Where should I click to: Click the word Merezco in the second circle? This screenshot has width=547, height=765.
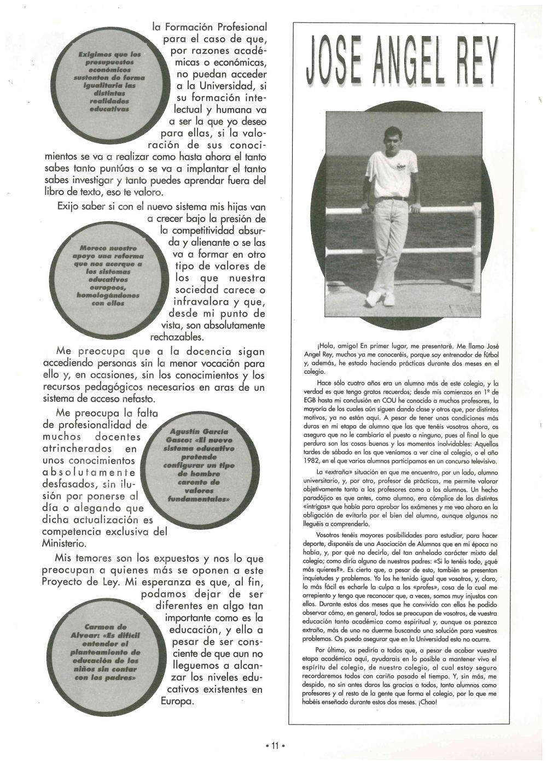click(x=92, y=248)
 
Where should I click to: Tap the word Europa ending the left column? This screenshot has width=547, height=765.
click(x=177, y=701)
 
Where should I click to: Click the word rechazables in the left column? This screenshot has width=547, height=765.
click(x=176, y=337)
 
